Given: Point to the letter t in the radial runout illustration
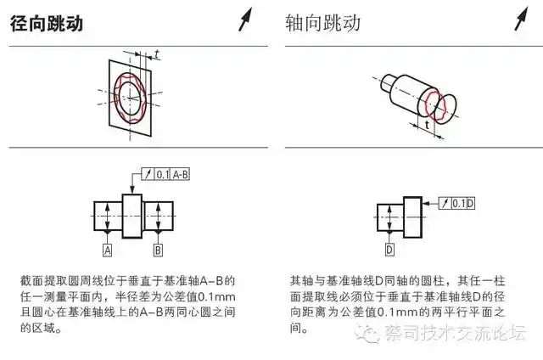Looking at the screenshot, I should click(157, 54).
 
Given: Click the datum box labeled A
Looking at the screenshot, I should click(108, 250).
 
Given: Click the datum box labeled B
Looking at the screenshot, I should click(158, 250).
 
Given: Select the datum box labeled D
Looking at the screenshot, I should click(389, 250).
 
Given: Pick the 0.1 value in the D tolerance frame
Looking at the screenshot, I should click(457, 203).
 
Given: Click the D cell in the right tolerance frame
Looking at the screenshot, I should click(470, 203).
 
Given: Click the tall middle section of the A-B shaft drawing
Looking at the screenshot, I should click(133, 216).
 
